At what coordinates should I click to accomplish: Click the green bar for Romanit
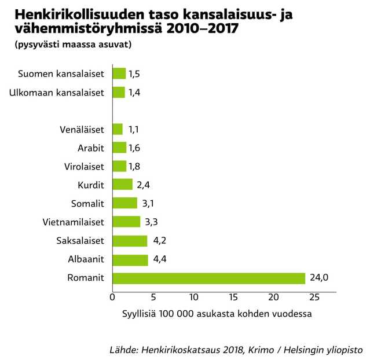(x=208, y=278)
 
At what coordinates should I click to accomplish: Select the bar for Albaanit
(x=130, y=259)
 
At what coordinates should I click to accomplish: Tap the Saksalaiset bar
(x=129, y=241)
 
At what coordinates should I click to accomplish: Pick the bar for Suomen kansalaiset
(x=119, y=74)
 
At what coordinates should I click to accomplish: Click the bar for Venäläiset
(x=117, y=129)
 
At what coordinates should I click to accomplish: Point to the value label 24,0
(x=319, y=278)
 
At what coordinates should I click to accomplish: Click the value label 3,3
(x=151, y=222)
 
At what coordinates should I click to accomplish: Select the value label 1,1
(x=133, y=129)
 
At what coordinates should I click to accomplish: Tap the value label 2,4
(x=143, y=185)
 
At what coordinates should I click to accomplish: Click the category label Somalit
(x=87, y=203)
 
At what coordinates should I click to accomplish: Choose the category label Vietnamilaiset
(x=74, y=222)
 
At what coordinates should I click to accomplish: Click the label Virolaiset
(x=85, y=166)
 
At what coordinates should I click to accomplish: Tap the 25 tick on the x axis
(x=313, y=297)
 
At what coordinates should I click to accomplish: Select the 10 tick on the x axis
(x=193, y=297)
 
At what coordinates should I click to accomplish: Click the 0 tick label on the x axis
(x=112, y=297)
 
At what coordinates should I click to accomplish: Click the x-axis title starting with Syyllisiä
(x=217, y=314)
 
